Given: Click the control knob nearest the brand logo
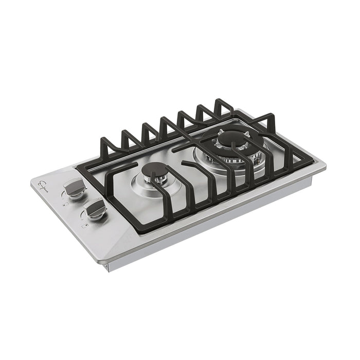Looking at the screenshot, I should click(x=74, y=189).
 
